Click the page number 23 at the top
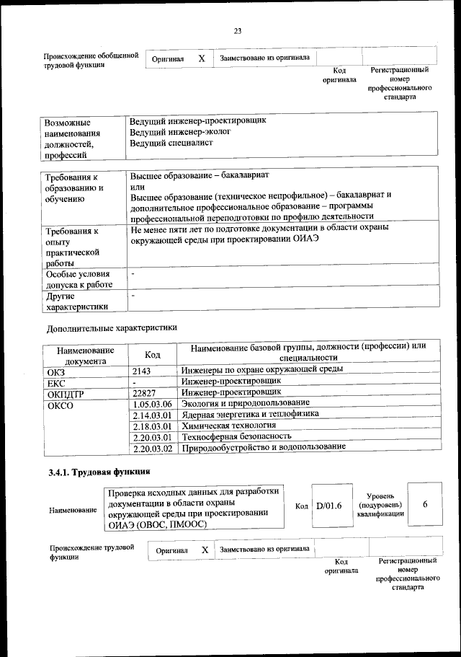click(x=237, y=30)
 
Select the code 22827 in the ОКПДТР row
click(x=145, y=392)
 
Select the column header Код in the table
click(x=152, y=354)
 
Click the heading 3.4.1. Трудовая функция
click(x=99, y=472)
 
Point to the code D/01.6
click(x=328, y=506)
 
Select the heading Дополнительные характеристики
click(x=112, y=327)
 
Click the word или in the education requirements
click(x=137, y=187)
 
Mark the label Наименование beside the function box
click(x=73, y=511)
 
